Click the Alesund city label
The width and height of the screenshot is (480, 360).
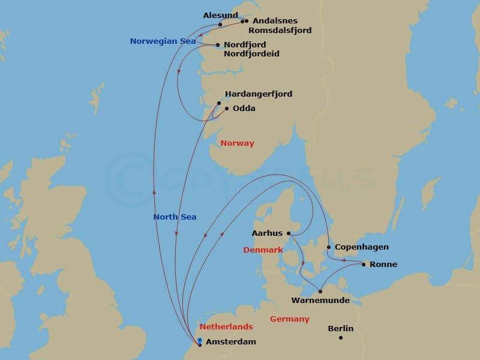(220, 15)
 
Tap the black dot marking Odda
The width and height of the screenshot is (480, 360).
(227, 109)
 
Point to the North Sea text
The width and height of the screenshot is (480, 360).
(175, 217)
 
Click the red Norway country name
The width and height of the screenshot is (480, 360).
(237, 143)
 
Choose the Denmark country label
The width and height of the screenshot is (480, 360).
(263, 250)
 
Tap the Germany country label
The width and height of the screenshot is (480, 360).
(289, 319)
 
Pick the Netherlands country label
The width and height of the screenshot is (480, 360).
(226, 326)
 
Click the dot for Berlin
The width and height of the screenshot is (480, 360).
(340, 338)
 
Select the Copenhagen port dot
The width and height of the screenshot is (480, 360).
(329, 247)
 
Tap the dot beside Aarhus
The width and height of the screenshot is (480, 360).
(289, 233)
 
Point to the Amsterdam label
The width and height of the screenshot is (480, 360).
(230, 342)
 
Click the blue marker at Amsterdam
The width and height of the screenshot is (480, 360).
(199, 340)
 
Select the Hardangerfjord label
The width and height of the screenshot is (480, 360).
(259, 94)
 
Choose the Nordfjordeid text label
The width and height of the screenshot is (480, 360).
(251, 54)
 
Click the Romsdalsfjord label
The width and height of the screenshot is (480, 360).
(280, 30)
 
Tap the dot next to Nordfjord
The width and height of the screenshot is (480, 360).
(218, 45)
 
